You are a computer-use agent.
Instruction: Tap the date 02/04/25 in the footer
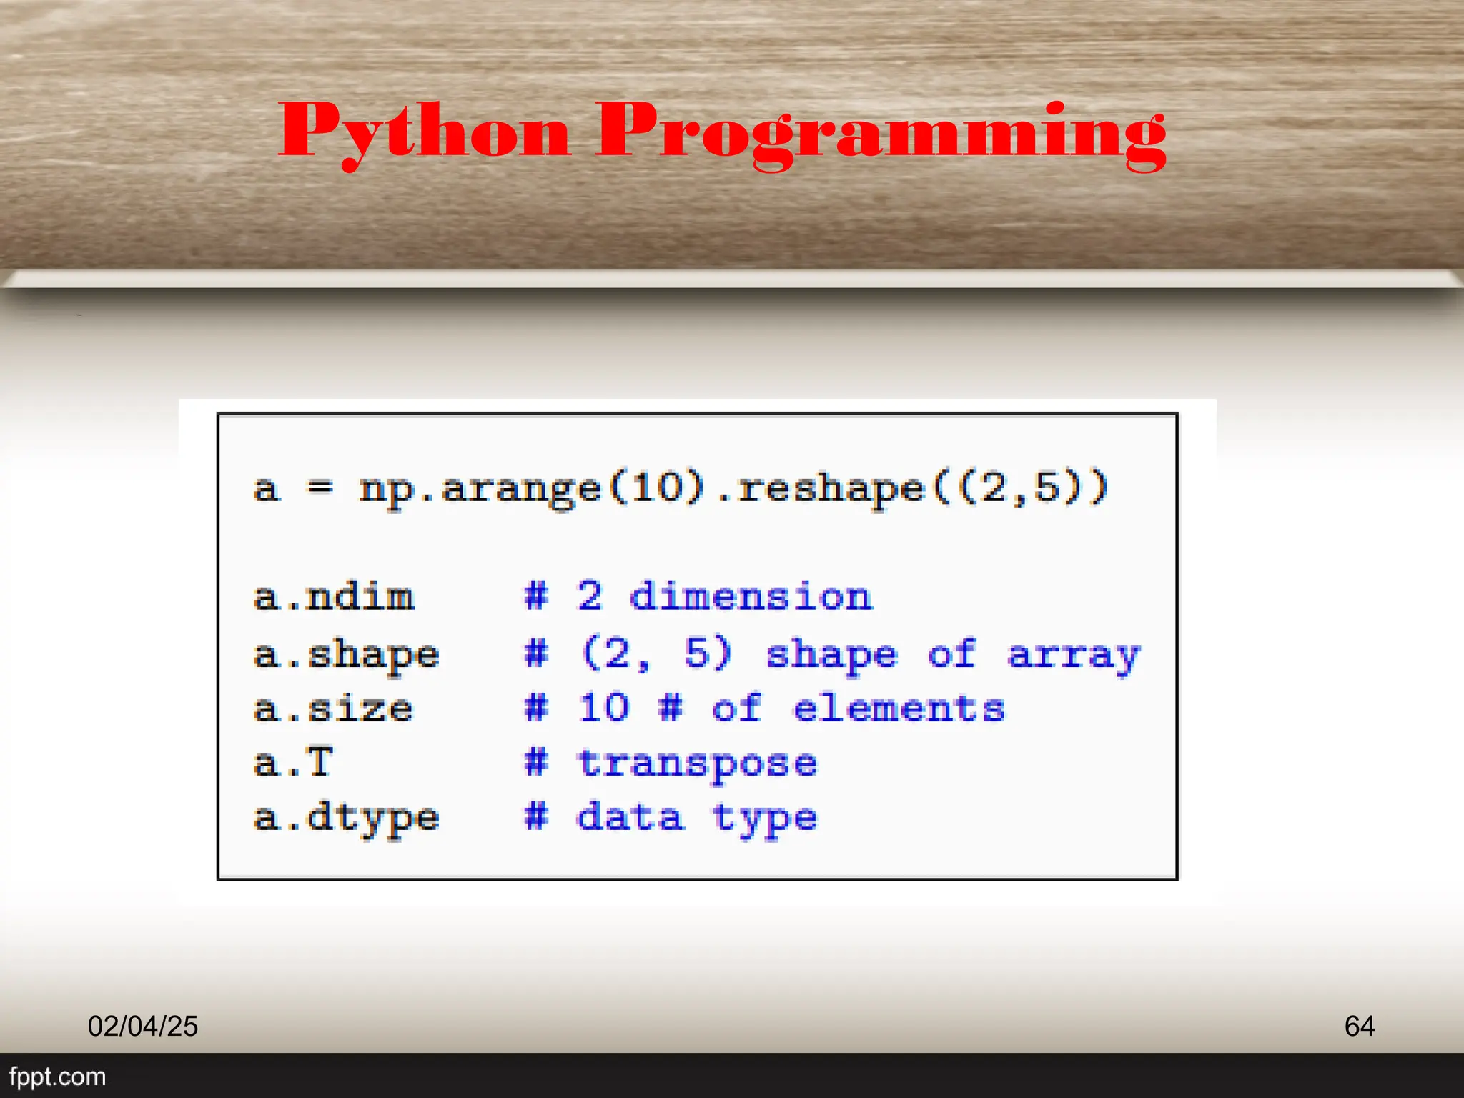coord(143,1026)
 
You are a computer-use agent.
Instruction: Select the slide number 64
coord(1359,1026)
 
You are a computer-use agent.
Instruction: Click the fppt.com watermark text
coord(57,1077)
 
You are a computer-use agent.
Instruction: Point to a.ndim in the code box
coord(334,598)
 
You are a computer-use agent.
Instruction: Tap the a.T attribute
coord(293,763)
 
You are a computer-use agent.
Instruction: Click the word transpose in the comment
coord(697,764)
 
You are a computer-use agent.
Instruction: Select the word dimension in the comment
coord(751,596)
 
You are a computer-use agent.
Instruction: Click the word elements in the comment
coord(899,709)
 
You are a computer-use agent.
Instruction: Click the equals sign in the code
coord(320,488)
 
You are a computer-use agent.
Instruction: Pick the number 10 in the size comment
coord(604,708)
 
